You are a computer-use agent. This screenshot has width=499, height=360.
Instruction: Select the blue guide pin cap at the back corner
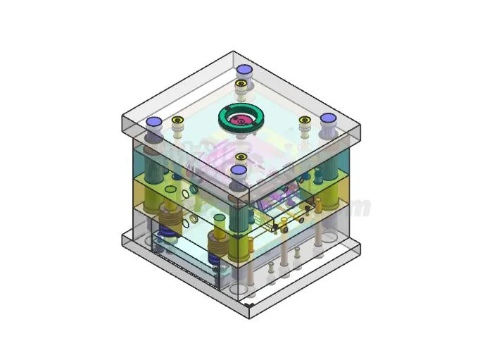(244, 70)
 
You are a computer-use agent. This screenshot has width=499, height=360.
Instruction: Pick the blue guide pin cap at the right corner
(328, 119)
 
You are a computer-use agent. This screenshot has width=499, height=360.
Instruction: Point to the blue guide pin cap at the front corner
(239, 170)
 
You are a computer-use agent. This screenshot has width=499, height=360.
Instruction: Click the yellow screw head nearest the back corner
(241, 84)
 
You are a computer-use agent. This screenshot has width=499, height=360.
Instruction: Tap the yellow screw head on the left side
(177, 120)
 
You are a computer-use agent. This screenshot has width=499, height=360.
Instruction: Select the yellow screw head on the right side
(305, 120)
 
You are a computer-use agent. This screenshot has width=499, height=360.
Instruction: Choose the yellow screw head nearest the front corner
(241, 156)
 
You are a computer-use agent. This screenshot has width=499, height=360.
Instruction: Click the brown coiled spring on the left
(168, 211)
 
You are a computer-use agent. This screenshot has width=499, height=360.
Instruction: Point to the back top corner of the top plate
(235, 52)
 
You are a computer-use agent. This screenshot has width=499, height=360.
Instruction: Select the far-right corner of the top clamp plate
(360, 126)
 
